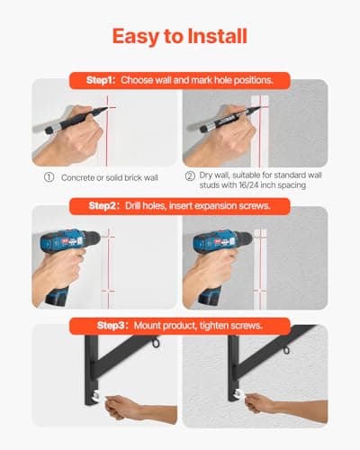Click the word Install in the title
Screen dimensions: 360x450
click(217, 36)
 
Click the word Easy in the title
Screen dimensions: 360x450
click(136, 37)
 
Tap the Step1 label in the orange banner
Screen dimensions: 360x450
click(101, 80)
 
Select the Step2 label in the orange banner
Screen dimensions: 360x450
click(103, 206)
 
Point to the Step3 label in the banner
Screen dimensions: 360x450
click(112, 326)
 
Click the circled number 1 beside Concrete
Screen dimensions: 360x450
click(49, 177)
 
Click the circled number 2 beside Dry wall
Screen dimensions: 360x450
click(190, 175)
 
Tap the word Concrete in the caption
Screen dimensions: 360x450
click(77, 177)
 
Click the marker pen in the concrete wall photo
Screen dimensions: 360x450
click(76, 121)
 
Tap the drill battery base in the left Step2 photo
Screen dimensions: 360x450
click(57, 296)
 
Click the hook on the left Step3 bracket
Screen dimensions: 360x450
click(156, 342)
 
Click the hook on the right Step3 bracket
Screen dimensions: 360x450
click(286, 349)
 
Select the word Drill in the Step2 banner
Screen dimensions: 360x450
click(133, 206)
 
